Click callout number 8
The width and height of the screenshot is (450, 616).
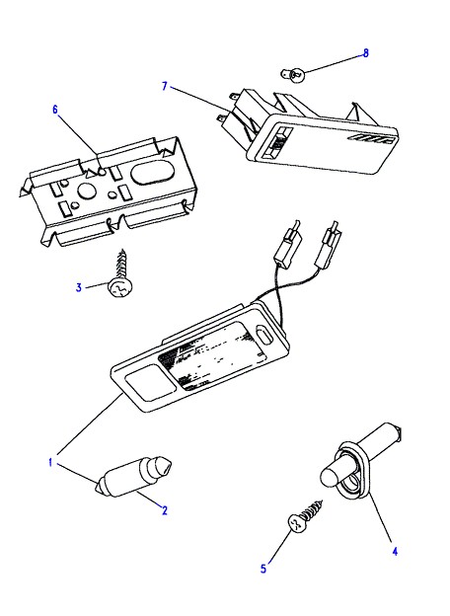click(365, 53)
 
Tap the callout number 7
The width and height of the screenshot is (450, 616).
click(165, 86)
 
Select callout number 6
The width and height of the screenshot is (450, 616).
click(55, 110)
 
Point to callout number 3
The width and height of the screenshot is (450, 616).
click(79, 287)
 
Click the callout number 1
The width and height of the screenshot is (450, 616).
click(50, 462)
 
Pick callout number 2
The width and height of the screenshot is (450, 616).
click(165, 510)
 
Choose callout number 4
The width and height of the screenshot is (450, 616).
click(395, 552)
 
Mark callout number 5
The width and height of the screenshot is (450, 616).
click(263, 568)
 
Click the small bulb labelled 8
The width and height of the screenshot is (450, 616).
click(293, 74)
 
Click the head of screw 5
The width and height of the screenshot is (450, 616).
click(296, 523)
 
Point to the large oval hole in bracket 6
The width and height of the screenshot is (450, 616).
click(148, 173)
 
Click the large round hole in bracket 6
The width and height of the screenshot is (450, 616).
click(87, 192)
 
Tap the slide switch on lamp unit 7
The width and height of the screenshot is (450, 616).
click(278, 144)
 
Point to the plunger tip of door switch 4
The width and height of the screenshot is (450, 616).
click(329, 478)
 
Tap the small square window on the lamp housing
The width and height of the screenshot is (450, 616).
click(150, 383)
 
